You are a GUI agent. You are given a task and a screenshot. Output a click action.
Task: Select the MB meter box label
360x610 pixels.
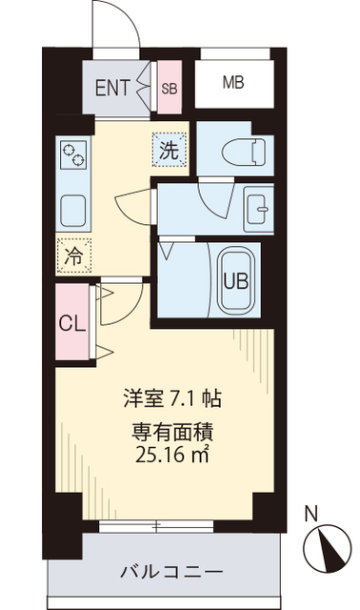tap(233, 83)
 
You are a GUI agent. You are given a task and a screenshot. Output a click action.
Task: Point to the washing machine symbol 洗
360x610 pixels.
tap(169, 150)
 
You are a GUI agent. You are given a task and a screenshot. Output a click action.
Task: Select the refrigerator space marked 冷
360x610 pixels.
tap(72, 254)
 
